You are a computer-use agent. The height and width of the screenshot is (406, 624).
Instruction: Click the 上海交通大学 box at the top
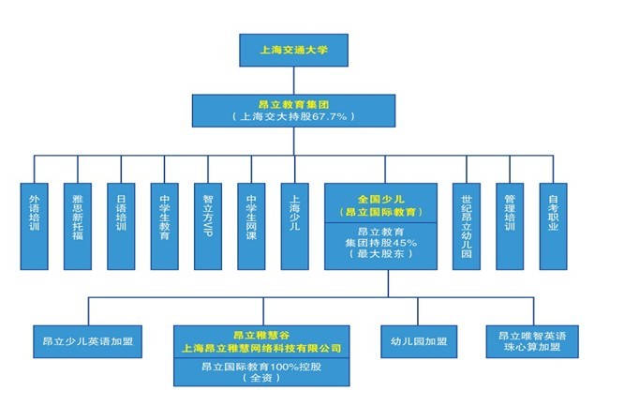click(294, 50)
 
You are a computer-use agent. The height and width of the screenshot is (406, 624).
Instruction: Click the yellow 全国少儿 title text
click(381, 199)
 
